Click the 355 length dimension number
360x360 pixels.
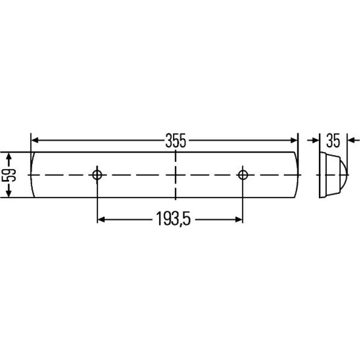(176, 141)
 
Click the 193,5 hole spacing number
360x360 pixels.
(173, 219)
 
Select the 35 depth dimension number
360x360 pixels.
(333, 141)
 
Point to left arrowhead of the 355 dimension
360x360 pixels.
(35, 140)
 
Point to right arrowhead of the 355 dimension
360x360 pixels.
(294, 140)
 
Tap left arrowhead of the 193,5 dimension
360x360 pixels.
(101, 219)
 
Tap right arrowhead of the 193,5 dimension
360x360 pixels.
(239, 219)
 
